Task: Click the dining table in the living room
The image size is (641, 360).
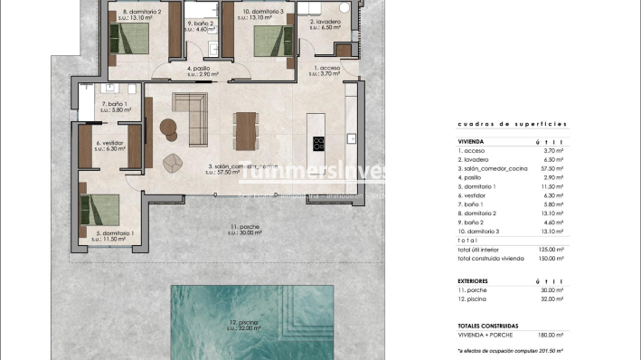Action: (244, 129)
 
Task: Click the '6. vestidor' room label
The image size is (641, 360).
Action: (108, 143)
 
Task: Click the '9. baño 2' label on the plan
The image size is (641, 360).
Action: (201, 24)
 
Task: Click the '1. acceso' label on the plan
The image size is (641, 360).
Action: (327, 67)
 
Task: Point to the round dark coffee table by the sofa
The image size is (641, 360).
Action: (169, 128)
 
